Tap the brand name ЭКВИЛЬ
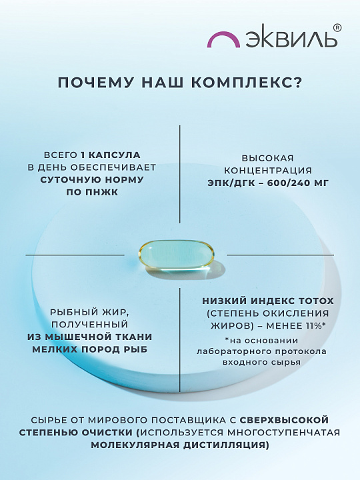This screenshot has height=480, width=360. click(x=291, y=39)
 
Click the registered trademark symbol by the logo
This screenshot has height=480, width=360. click(x=337, y=28)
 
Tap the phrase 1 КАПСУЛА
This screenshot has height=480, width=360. click(x=110, y=155)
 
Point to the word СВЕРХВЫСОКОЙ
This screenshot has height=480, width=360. click(x=284, y=420)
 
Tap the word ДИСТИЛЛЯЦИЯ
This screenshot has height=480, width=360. click(x=226, y=445)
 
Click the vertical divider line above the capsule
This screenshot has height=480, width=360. click(x=180, y=174)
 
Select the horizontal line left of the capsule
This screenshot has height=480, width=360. click(x=75, y=255)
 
